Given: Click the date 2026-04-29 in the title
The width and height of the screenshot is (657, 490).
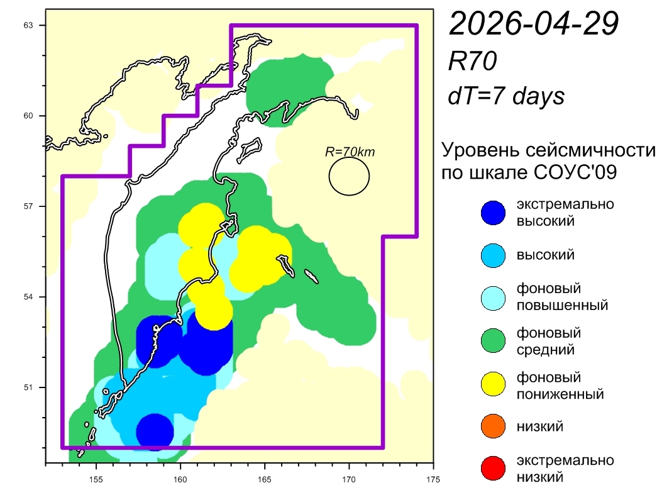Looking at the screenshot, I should click(534, 25).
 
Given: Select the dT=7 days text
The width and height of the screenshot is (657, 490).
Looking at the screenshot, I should click(505, 96).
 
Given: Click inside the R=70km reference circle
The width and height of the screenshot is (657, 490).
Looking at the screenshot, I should click(349, 176).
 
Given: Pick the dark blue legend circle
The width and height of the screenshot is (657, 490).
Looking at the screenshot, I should click(492, 213).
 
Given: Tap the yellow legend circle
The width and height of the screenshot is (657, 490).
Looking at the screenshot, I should click(492, 385).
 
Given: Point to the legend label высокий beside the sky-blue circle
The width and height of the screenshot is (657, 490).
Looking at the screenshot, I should click(545, 255).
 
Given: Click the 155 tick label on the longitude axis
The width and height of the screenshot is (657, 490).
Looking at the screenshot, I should click(96, 476).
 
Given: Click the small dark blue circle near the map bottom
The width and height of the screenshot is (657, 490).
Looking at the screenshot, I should click(155, 432).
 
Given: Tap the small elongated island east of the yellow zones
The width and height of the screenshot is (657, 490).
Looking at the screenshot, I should click(311, 277).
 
